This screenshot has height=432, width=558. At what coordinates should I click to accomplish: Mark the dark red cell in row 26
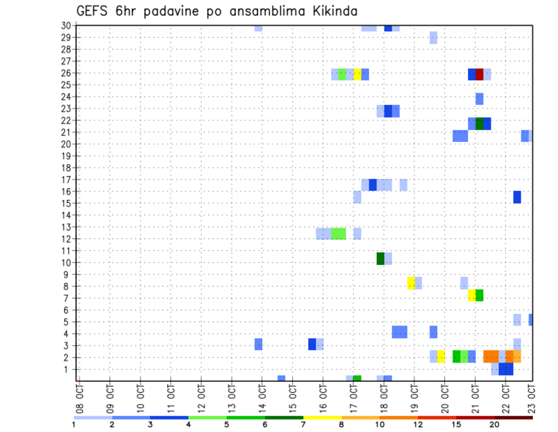(x=480, y=75)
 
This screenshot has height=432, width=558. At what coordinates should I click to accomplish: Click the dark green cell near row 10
(x=380, y=259)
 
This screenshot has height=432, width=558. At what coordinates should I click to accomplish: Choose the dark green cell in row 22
(x=480, y=123)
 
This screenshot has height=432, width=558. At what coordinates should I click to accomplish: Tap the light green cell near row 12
(x=338, y=233)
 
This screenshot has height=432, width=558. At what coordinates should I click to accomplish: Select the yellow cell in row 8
(x=411, y=283)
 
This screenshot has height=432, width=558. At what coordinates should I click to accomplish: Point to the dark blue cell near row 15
(x=517, y=197)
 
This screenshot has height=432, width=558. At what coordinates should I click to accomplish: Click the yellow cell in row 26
(x=357, y=75)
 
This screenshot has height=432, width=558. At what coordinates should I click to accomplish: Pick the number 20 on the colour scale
(x=495, y=424)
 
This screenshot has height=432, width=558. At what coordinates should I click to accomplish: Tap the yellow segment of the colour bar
(x=323, y=417)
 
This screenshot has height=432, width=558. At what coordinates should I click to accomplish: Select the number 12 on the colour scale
(x=417, y=424)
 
